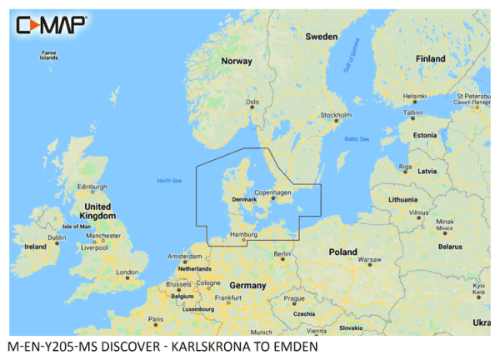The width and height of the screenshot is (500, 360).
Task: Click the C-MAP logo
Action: click(52, 25)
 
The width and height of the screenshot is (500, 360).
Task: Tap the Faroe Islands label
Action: click(49, 56)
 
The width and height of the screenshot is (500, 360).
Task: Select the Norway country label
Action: click(236, 61)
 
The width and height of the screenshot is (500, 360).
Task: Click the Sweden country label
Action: click(321, 37)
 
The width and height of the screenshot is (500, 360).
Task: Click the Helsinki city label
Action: click(414, 94)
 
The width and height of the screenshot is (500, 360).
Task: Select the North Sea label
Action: click(169, 181)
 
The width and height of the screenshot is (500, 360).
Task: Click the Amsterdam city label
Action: click(185, 256)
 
